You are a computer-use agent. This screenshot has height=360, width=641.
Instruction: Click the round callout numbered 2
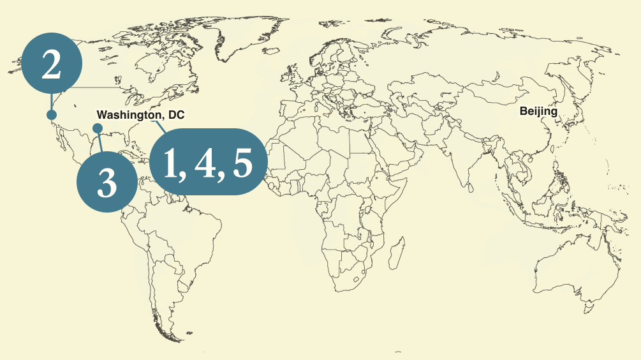point(52,64)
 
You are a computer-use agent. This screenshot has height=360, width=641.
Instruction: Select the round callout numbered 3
point(107,182)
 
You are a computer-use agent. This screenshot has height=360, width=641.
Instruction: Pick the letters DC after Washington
point(176,115)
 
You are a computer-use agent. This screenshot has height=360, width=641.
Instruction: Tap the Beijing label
point(538,112)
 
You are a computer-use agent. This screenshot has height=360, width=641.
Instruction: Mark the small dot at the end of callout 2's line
point(51,115)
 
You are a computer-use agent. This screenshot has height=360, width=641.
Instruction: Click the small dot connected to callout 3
point(98,128)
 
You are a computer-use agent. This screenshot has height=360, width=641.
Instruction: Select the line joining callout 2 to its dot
point(51,102)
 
